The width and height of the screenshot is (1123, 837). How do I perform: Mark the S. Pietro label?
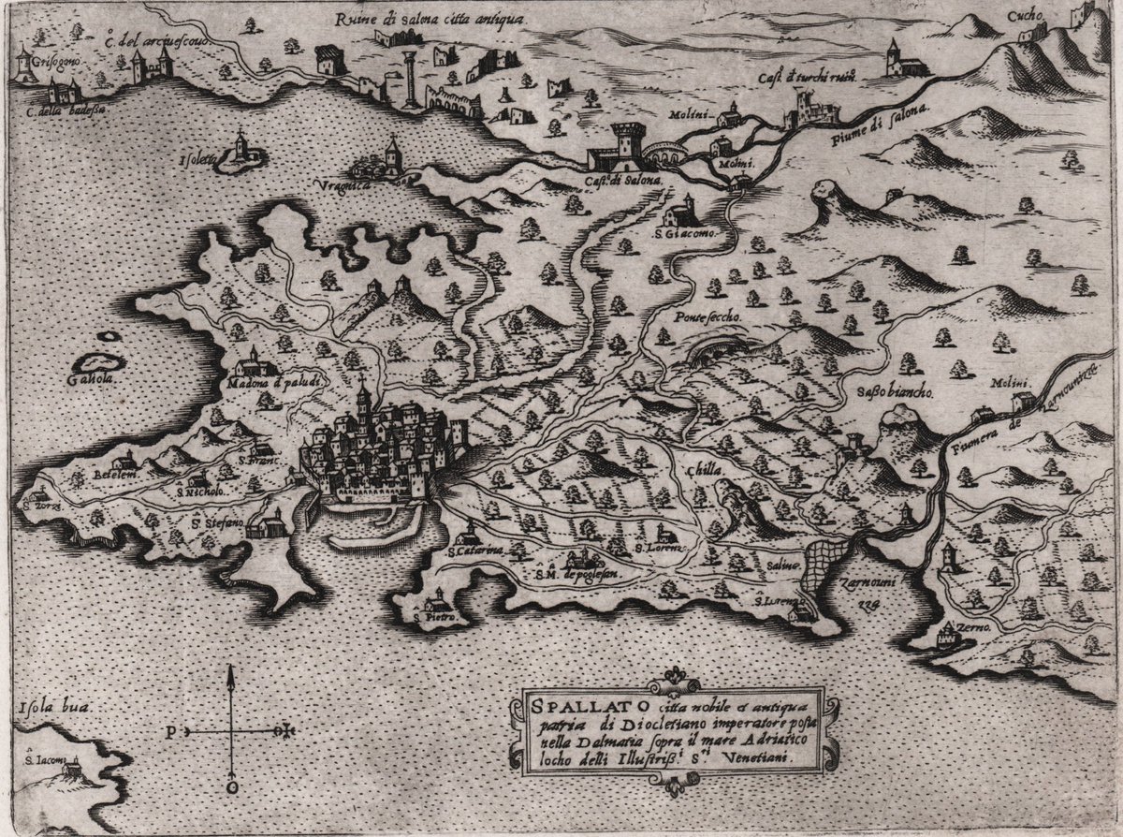tap(434, 620)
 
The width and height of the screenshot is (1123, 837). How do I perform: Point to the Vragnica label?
tap(373, 187)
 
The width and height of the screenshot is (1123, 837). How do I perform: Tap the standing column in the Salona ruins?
tap(410, 75)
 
